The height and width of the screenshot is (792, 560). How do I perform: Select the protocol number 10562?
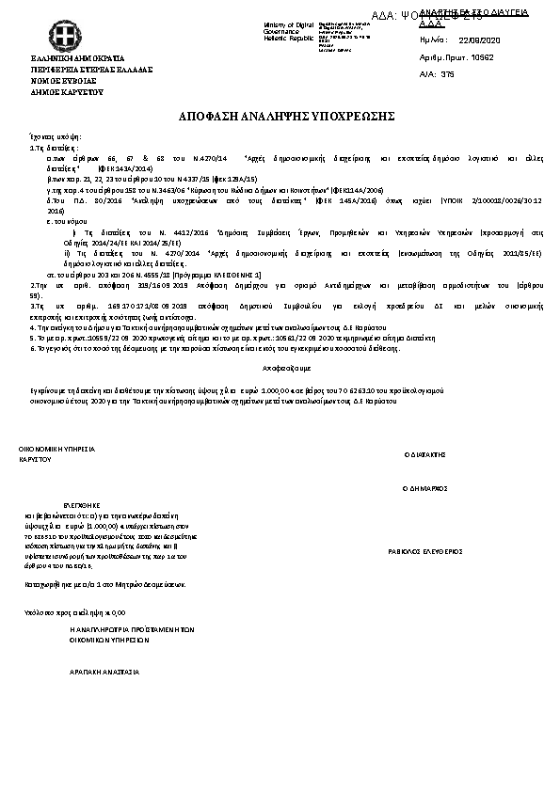(483, 57)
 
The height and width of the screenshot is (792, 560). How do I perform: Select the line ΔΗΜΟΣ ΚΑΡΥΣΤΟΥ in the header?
(67, 92)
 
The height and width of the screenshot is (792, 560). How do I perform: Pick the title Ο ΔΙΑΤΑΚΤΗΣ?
(423, 453)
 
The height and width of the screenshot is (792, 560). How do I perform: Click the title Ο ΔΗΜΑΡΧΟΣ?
(424, 489)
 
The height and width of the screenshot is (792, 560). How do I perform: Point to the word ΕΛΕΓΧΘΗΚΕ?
(82, 505)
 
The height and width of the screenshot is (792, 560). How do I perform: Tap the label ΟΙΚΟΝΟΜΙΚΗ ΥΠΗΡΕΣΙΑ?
(57, 451)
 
